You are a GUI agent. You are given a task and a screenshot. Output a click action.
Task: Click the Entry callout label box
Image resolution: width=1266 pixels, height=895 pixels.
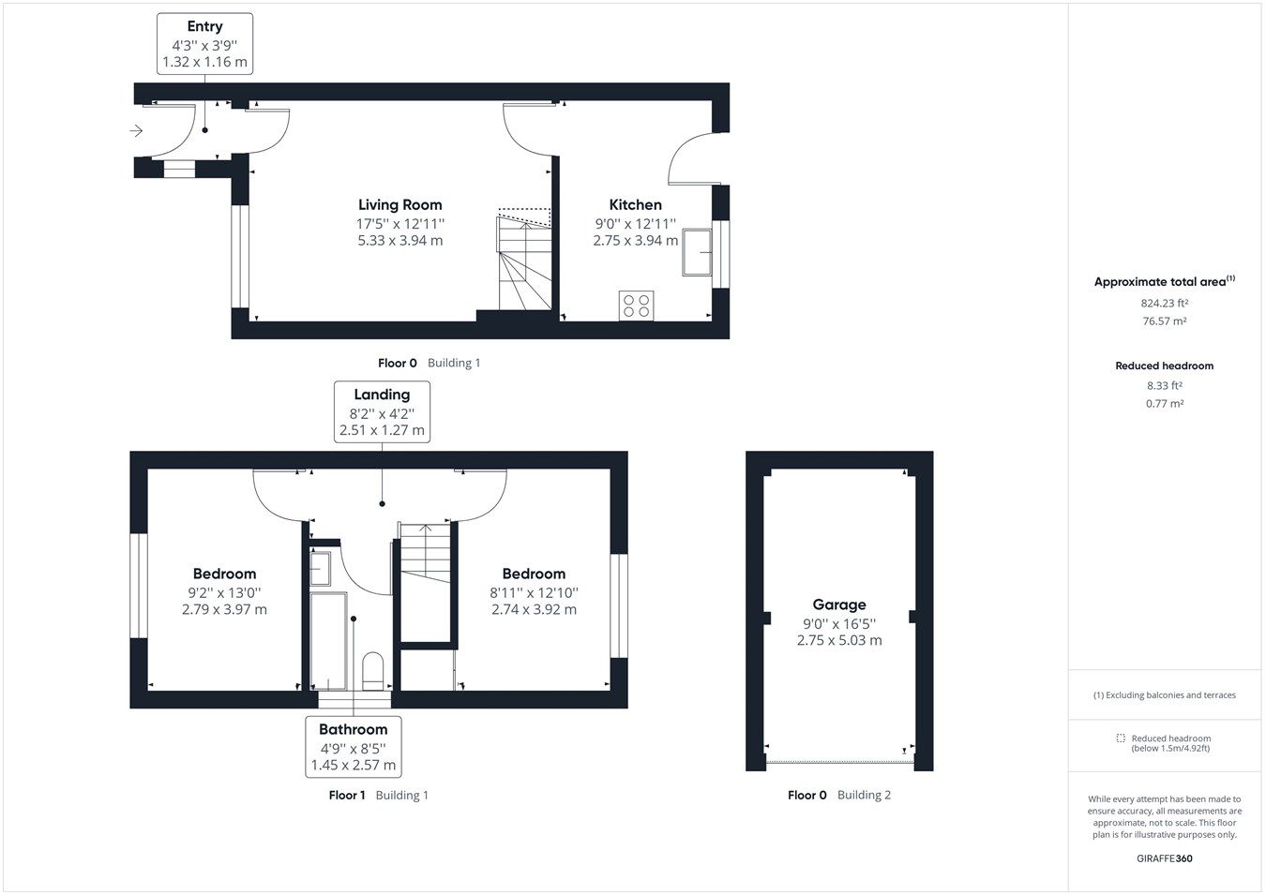(x=204, y=44)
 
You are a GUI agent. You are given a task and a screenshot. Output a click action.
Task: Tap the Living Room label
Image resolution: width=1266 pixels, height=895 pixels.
(x=399, y=205)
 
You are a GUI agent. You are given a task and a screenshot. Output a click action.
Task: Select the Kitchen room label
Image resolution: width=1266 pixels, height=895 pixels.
(x=635, y=205)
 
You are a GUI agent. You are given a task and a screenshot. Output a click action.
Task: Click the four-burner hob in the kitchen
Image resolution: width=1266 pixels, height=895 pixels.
(x=637, y=306)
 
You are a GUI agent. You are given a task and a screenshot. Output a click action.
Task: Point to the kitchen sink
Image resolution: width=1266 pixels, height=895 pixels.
(x=696, y=252)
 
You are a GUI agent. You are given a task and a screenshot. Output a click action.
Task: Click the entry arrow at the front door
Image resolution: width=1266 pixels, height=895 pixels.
(x=137, y=131)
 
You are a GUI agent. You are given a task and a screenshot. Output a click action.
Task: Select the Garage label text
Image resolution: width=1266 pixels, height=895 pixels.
(x=838, y=605)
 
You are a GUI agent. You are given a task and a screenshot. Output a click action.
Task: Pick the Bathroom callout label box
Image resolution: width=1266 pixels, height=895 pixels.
(x=353, y=747)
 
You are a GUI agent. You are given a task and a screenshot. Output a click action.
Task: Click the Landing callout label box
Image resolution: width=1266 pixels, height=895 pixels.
(x=382, y=412)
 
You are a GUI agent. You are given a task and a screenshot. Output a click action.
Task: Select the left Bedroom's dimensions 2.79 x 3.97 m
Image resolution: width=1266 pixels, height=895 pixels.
(x=224, y=609)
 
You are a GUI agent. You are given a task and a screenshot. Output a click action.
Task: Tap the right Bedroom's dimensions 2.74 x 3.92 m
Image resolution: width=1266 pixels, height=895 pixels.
(x=534, y=609)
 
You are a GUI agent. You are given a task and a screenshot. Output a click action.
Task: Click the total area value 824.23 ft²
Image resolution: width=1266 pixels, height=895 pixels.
(x=1164, y=304)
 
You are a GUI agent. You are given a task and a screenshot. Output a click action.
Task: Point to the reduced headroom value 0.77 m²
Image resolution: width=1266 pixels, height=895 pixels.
(x=1164, y=404)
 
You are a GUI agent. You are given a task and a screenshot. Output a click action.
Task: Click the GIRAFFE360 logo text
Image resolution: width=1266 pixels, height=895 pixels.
(x=1164, y=858)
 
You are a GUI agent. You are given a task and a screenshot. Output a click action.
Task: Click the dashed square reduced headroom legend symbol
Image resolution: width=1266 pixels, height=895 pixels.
(x=1120, y=738)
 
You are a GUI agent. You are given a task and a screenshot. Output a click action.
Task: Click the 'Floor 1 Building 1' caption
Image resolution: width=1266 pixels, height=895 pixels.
(x=378, y=796)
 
